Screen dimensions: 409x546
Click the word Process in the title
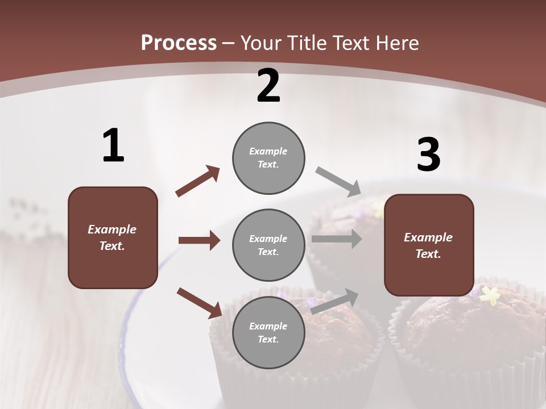179,43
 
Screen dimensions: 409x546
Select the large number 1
113,146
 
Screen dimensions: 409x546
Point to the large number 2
268,86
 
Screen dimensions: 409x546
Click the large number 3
428,155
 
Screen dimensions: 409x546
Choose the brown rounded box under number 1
113,237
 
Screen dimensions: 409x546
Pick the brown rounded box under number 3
429,245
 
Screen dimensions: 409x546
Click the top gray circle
268,158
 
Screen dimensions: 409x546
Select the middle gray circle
268,245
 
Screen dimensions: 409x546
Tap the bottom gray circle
268,332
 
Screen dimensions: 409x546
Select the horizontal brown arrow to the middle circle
199,240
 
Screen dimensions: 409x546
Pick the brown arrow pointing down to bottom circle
199,303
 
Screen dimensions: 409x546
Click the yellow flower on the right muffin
490,295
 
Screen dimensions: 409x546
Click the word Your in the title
260,43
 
